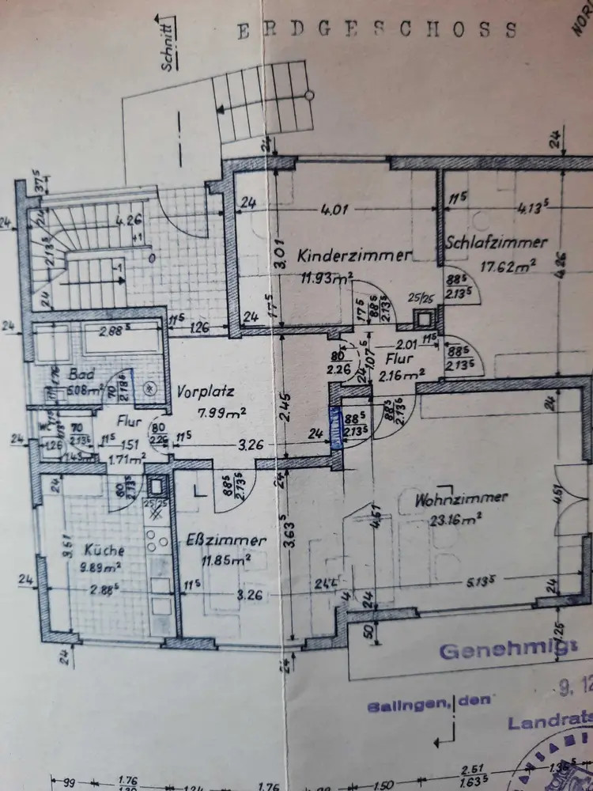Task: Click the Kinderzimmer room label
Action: (x=355, y=255)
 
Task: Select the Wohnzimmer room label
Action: (x=462, y=500)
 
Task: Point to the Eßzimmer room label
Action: (x=226, y=541)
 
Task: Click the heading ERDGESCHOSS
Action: (x=378, y=30)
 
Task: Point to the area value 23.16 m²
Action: (x=456, y=520)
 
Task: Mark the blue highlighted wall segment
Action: (x=335, y=428)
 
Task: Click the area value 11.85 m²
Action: (x=226, y=560)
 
